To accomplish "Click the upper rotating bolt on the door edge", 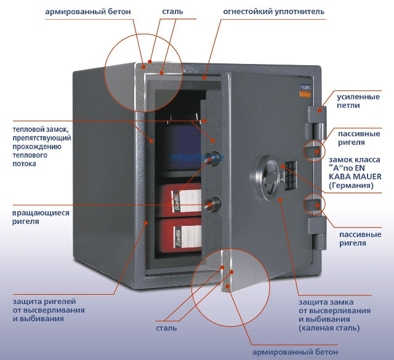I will point(213,156).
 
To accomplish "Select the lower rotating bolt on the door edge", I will point(214,202).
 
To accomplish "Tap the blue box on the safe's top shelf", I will point(179,148).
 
